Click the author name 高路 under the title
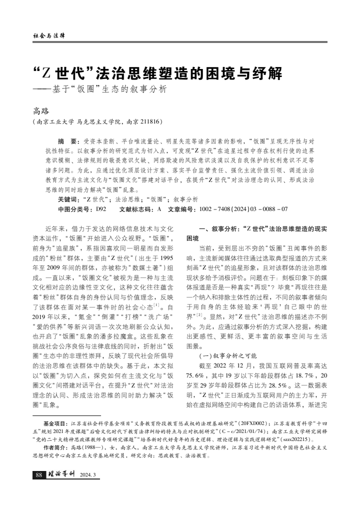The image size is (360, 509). [x=41, y=111]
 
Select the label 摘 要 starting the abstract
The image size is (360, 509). [x=68, y=141]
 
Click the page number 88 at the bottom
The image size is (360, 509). [x=38, y=475]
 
